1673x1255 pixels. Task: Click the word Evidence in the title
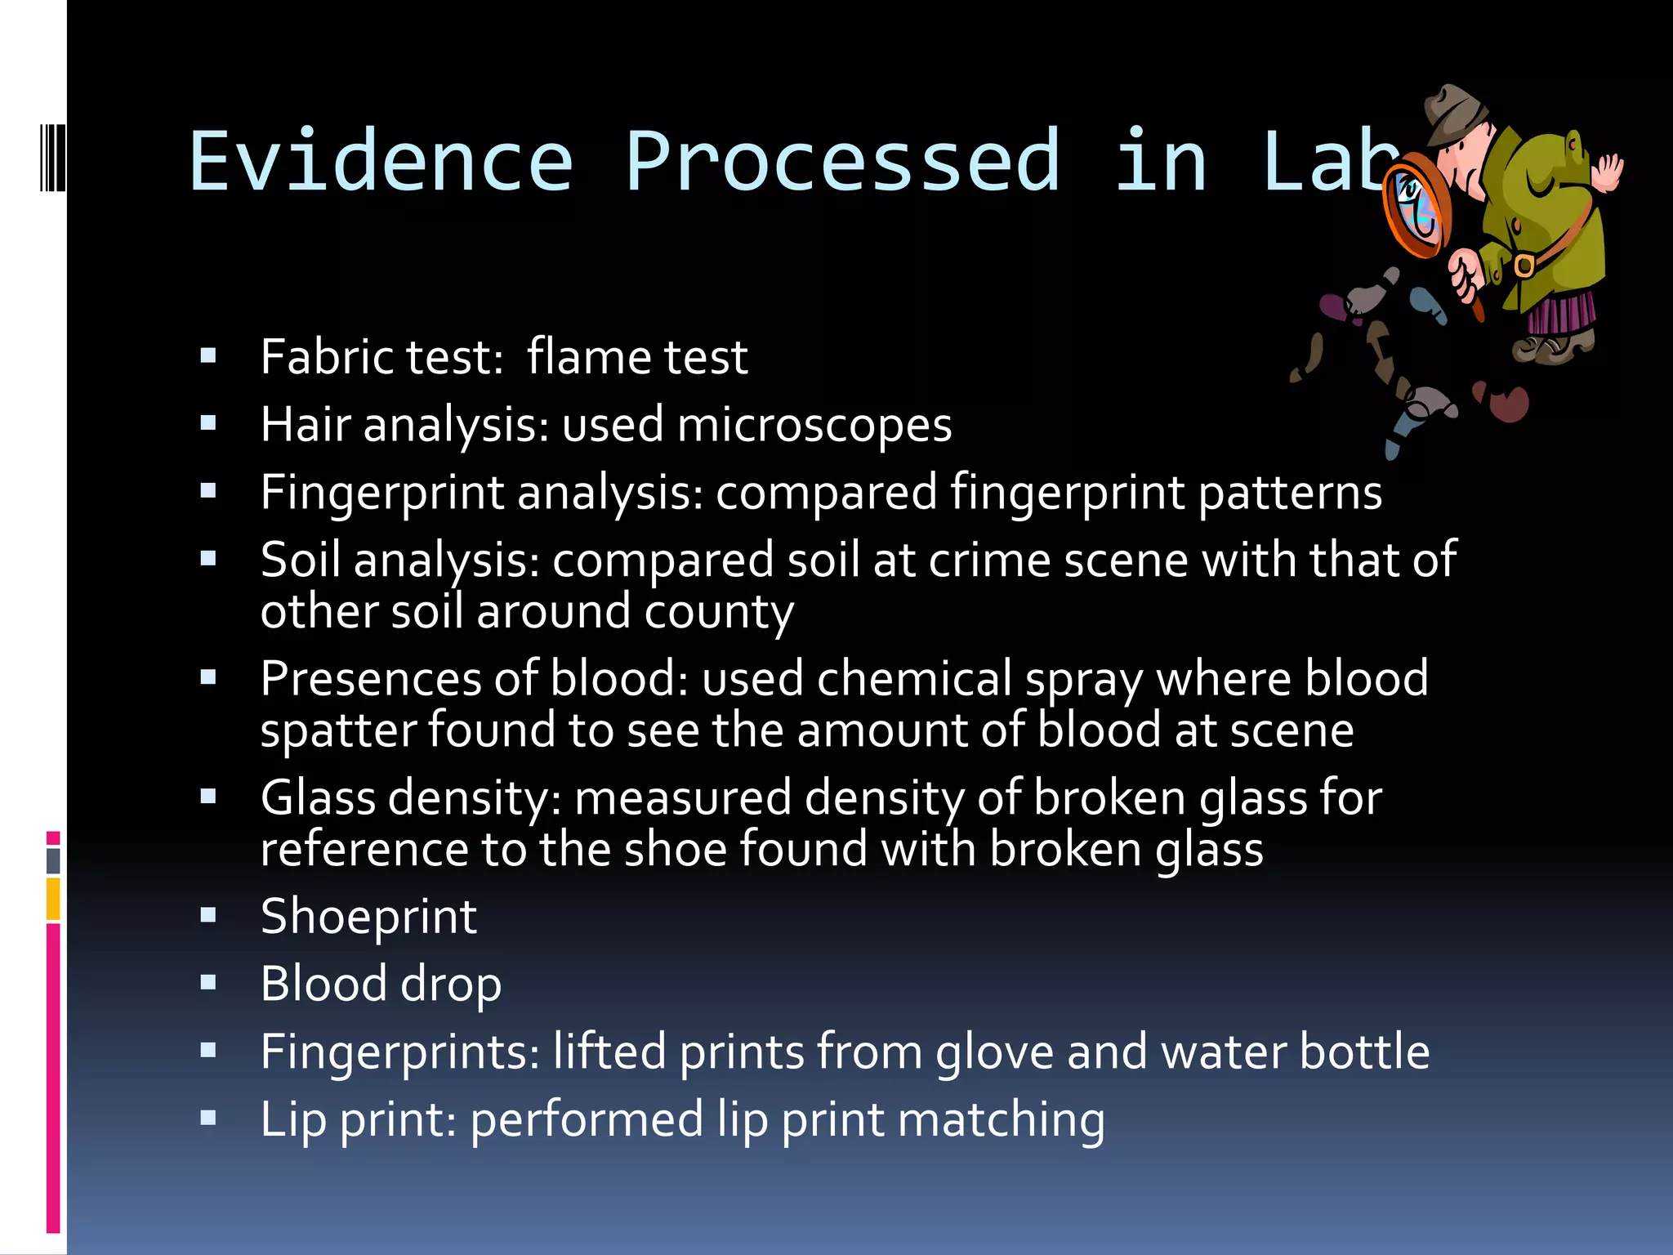[x=381, y=161]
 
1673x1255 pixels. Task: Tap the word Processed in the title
[x=843, y=161]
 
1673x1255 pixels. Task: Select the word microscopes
[x=814, y=425]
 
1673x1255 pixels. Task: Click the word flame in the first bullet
[x=587, y=357]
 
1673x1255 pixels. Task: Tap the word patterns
[x=1290, y=493]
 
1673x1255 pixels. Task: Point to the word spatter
[x=337, y=730]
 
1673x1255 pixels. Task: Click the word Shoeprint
[x=368, y=917]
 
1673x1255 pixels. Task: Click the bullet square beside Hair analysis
[x=208, y=423]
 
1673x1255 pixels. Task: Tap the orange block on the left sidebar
[x=53, y=899]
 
